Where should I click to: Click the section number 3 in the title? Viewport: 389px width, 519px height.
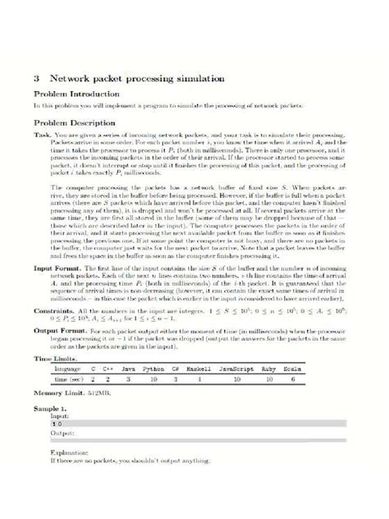37,79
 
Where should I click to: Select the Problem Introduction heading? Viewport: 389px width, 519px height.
73,94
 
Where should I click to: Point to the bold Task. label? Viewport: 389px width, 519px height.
43,133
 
